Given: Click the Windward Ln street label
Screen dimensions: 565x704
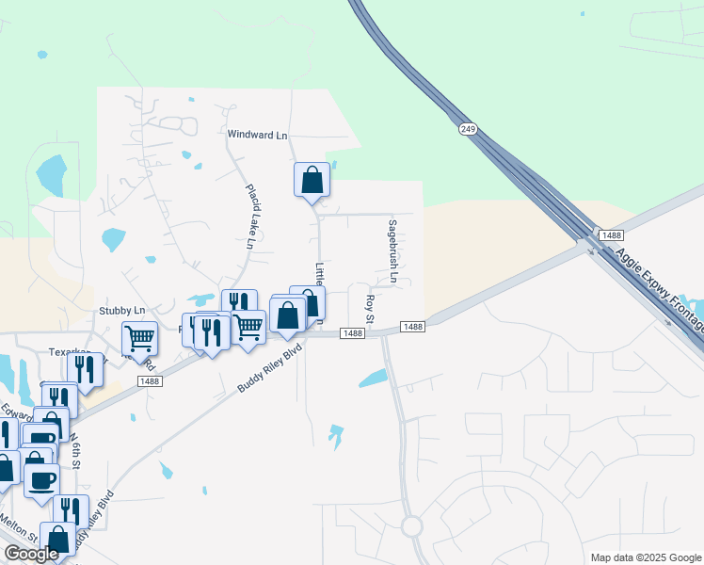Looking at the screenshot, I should coord(257,135).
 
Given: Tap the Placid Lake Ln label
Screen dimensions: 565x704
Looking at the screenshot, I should coord(251,216).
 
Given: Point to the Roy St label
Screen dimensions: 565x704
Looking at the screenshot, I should coord(370,308).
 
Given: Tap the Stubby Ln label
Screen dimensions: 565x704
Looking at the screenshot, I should coord(122,310).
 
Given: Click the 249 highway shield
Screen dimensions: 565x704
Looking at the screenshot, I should coord(466,128).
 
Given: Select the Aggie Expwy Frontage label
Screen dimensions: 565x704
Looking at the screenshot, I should coord(658,287).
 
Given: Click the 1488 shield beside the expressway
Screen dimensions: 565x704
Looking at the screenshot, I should coord(610,234).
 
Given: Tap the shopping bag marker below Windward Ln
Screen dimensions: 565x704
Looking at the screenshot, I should coord(312,179).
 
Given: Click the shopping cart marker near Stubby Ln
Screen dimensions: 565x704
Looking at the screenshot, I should coord(139,338).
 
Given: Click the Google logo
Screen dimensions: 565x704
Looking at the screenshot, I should coord(31,554).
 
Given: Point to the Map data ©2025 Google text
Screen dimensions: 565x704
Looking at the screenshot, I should coord(644,557).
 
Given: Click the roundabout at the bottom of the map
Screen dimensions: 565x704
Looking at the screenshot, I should coord(412,525).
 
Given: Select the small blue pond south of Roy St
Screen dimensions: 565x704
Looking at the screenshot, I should coord(373,379).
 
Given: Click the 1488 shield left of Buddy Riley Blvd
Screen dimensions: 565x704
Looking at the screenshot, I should coord(149,380).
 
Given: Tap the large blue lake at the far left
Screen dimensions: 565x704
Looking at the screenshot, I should coord(51,171).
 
